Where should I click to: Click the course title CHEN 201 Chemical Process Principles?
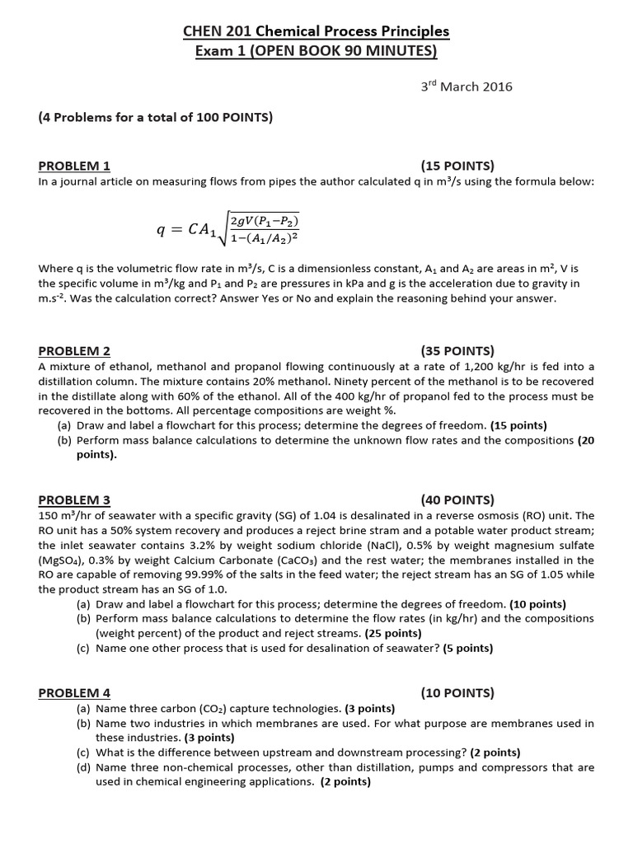316,31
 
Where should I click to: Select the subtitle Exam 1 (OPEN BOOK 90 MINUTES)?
316,51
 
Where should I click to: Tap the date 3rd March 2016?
466,87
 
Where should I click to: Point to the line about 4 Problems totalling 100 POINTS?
156,117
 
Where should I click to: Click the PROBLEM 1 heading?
74,165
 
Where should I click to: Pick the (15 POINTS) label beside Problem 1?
457,165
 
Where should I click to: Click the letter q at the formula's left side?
162,230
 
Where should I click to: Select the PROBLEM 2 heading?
74,350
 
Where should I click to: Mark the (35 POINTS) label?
457,350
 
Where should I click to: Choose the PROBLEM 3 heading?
74,499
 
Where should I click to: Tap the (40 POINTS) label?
457,499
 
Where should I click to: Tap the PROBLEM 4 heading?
74,693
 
